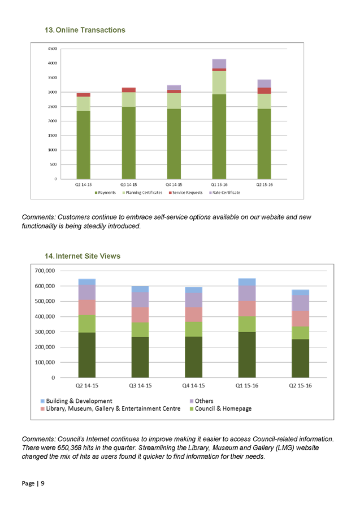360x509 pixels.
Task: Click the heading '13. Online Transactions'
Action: pyautogui.click(x=85, y=30)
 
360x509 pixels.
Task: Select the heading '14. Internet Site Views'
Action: pyautogui.click(x=83, y=256)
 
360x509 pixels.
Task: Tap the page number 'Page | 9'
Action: pyautogui.click(x=33, y=484)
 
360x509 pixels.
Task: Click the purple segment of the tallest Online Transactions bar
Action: pyautogui.click(x=219, y=63)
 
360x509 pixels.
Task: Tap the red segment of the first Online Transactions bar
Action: pyautogui.click(x=84, y=94)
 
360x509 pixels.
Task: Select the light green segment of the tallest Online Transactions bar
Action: pyautogui.click(x=219, y=82)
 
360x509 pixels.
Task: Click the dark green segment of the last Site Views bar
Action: pyautogui.click(x=301, y=358)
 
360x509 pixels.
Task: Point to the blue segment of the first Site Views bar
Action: pyautogui.click(x=87, y=281)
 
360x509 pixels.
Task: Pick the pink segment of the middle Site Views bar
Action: pyautogui.click(x=194, y=314)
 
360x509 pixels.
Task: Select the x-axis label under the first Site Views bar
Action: pyautogui.click(x=87, y=385)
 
